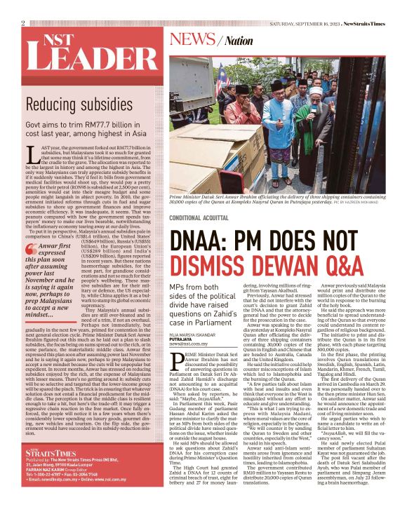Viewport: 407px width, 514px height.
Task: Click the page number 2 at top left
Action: pos(23,22)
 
